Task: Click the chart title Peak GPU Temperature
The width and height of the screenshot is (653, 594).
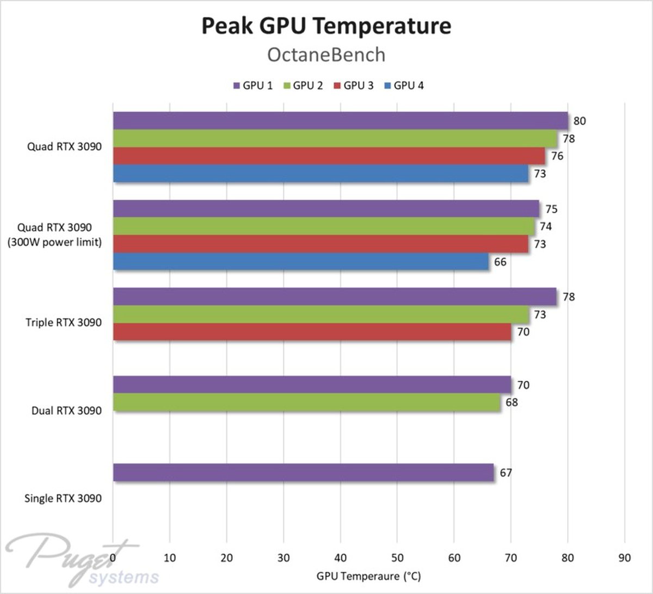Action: [326, 26]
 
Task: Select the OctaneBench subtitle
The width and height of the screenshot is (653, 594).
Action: [326, 55]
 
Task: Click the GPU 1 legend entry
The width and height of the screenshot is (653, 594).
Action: [253, 85]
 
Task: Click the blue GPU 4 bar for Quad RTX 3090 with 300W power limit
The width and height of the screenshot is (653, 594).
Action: [300, 262]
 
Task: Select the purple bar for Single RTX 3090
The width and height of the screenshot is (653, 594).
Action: [303, 472]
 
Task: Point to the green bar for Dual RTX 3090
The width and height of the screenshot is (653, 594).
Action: [306, 403]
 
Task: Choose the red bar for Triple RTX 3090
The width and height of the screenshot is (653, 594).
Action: [312, 332]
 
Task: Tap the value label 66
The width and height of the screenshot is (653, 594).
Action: [500, 262]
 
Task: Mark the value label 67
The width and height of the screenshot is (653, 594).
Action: [506, 473]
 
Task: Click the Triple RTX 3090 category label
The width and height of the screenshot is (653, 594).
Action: [63, 323]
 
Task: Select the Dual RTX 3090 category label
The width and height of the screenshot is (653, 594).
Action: [66, 411]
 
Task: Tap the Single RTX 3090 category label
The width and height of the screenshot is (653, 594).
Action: [63, 498]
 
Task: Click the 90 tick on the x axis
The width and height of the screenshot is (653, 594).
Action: [624, 558]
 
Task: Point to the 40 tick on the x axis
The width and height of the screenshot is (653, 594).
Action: [340, 558]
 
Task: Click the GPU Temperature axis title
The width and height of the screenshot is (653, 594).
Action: [368, 576]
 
